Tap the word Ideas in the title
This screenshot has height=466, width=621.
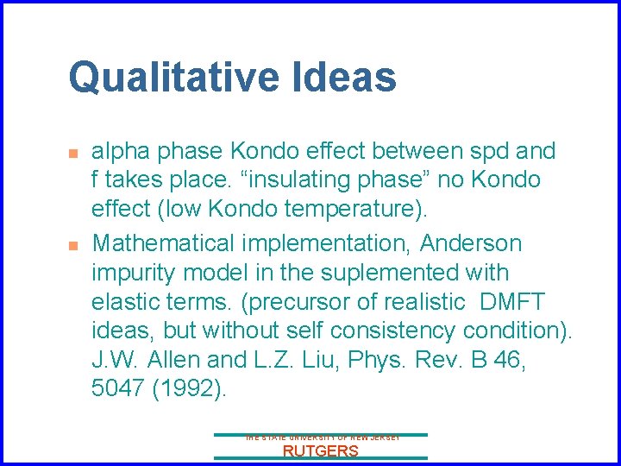(x=348, y=77)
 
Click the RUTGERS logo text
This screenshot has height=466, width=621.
(x=320, y=451)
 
